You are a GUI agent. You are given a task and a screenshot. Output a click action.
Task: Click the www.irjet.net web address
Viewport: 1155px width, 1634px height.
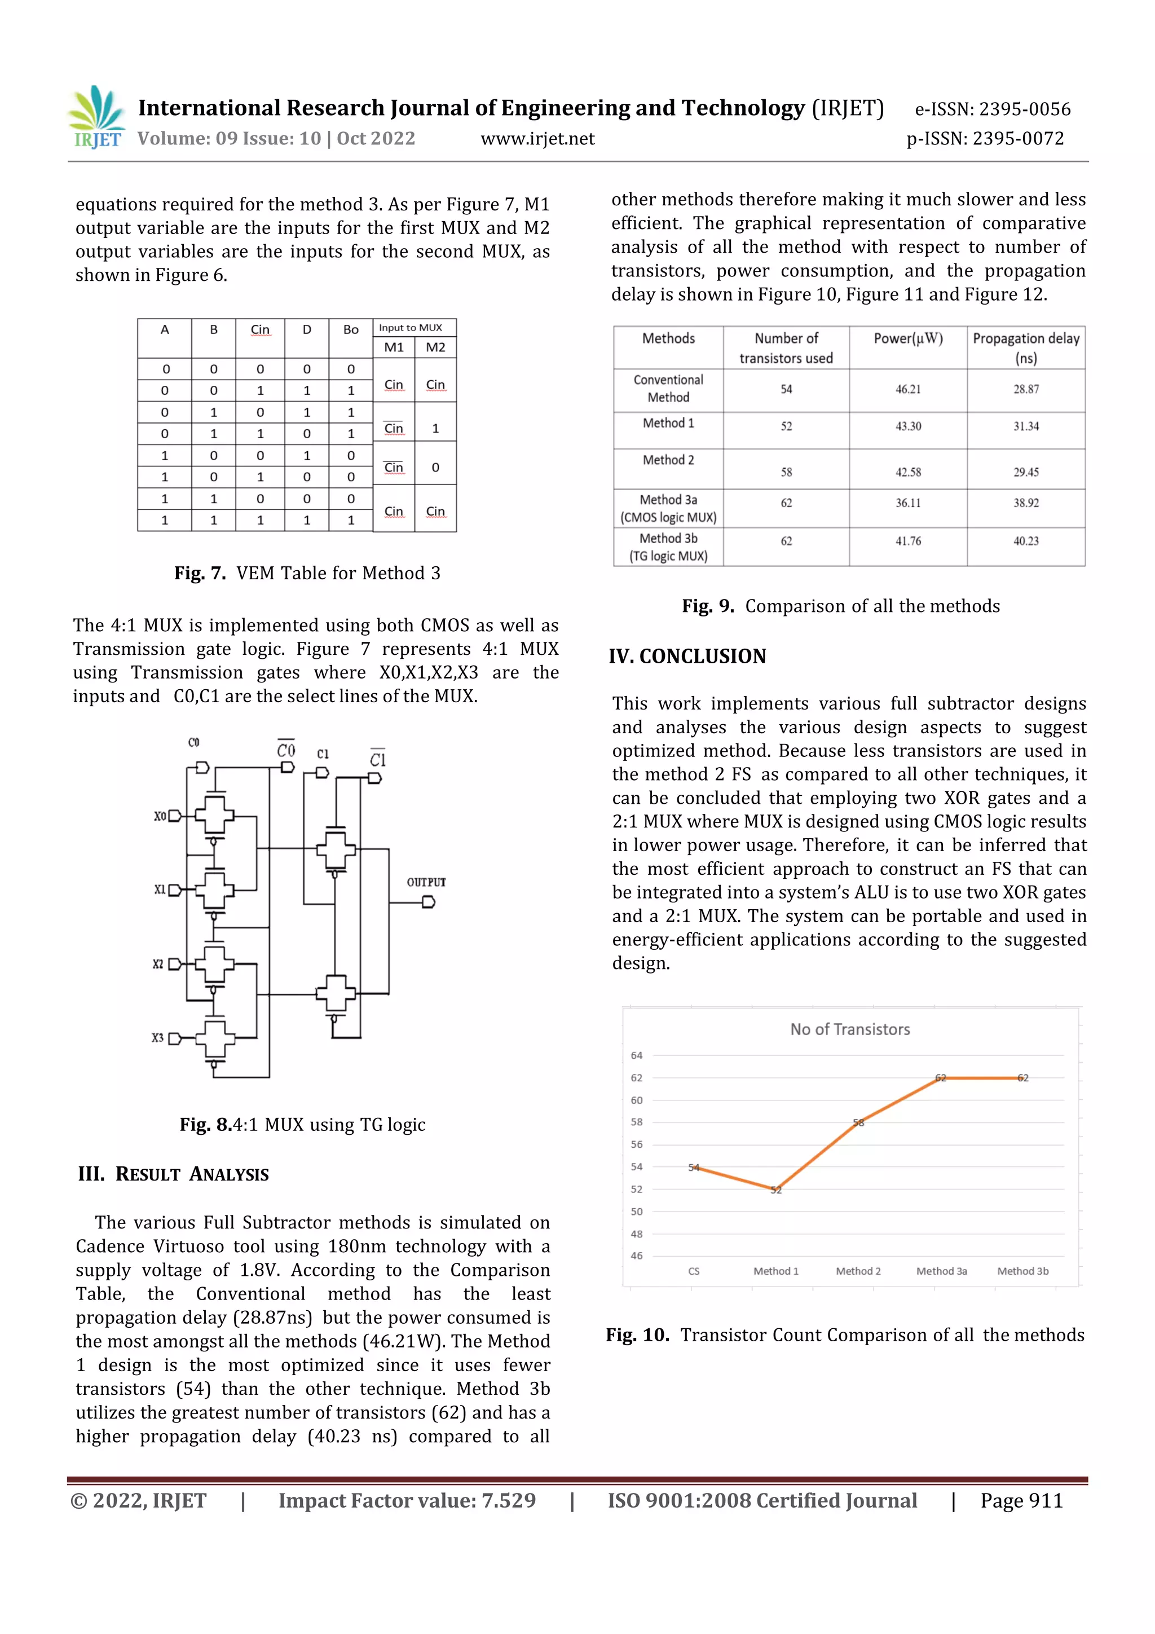[537, 139]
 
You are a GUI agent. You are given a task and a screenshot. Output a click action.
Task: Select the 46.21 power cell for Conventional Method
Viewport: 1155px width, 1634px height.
[907, 389]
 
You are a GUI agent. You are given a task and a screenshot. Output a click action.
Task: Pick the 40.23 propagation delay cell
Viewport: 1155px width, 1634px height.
[1025, 541]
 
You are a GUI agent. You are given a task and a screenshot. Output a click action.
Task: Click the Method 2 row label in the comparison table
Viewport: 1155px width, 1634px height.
[668, 460]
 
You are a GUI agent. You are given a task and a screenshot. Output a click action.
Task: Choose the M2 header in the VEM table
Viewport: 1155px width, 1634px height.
[435, 347]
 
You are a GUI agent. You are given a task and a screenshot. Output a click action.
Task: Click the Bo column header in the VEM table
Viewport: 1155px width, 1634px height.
[351, 329]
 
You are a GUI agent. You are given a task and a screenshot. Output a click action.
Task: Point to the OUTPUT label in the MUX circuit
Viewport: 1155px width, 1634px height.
[426, 882]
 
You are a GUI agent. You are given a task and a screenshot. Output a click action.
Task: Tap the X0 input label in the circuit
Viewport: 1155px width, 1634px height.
[160, 816]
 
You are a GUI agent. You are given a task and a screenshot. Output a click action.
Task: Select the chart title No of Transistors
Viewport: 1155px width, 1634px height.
[850, 1029]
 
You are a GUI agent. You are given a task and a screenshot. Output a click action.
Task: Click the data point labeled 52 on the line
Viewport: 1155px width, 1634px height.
[775, 1189]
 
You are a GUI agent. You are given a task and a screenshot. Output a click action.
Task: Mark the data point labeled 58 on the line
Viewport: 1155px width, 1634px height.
[858, 1122]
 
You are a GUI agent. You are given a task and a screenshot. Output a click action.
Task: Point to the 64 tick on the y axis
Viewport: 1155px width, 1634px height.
[636, 1055]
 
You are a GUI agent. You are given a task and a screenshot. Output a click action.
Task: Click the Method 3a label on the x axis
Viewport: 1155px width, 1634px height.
[941, 1271]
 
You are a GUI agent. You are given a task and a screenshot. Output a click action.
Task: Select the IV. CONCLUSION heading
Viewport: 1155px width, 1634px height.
[687, 656]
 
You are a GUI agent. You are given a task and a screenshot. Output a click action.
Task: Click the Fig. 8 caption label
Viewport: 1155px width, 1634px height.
[206, 1125]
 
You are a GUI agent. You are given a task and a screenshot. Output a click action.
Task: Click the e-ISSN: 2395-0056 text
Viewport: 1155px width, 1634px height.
[992, 109]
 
